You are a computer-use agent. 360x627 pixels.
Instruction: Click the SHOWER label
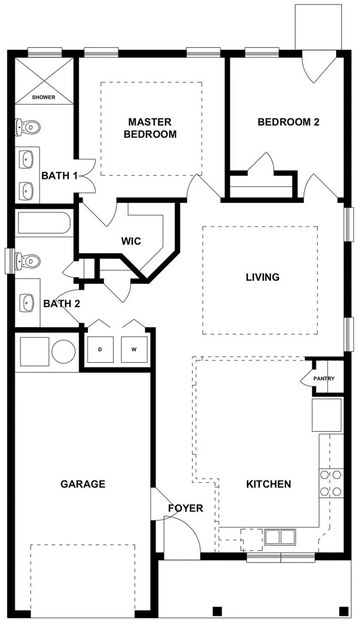44,97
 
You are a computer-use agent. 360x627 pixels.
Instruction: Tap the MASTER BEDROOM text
150,128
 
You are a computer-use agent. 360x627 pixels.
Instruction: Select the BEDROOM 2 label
288,122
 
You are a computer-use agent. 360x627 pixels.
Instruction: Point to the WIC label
131,241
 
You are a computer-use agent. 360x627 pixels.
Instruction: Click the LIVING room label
262,277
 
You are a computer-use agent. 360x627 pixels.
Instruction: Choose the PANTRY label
324,378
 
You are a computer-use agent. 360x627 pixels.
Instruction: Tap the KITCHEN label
268,484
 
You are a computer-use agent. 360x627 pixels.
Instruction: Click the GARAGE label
83,484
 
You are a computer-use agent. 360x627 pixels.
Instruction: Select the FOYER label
185,508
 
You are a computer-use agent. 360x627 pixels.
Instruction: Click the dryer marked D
100,349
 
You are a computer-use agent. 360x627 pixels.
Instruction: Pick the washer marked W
134,349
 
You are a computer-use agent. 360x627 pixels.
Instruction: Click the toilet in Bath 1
28,127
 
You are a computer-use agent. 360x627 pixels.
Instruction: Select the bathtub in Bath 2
43,224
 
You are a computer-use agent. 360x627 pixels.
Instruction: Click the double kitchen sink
280,537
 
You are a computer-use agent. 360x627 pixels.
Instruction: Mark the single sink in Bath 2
28,302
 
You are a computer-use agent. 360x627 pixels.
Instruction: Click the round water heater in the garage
64,350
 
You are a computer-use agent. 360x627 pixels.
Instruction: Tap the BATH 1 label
59,176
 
